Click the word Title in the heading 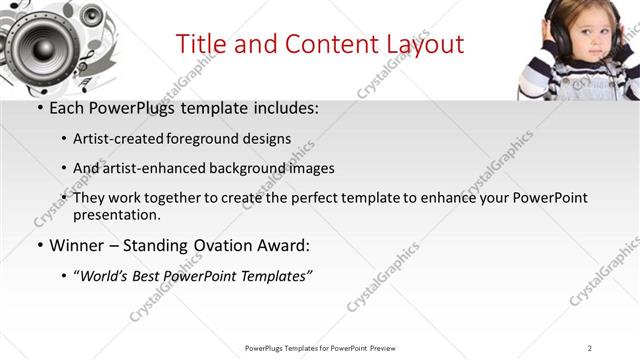pyautogui.click(x=200, y=44)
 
